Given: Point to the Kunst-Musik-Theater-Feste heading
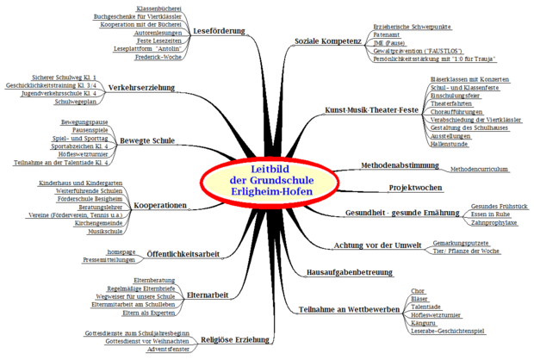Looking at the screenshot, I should (x=371, y=110).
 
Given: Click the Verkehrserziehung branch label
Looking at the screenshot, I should (x=142, y=88).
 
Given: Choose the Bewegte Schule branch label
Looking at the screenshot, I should (x=146, y=140).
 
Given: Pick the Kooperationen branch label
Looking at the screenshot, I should (x=161, y=205).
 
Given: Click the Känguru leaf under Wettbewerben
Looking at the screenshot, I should (x=425, y=322).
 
